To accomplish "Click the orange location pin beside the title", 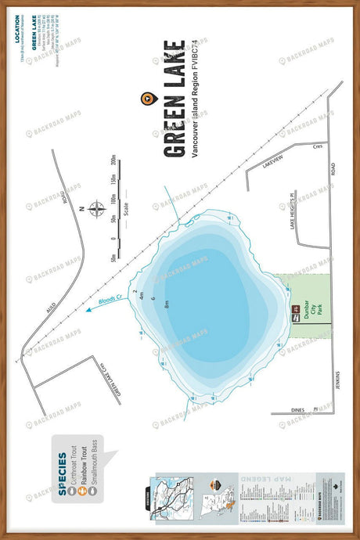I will tap(146, 98).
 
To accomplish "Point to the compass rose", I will tap(96, 209).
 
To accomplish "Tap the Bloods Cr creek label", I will tap(110, 297).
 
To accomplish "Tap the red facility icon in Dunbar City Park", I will tap(296, 315).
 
